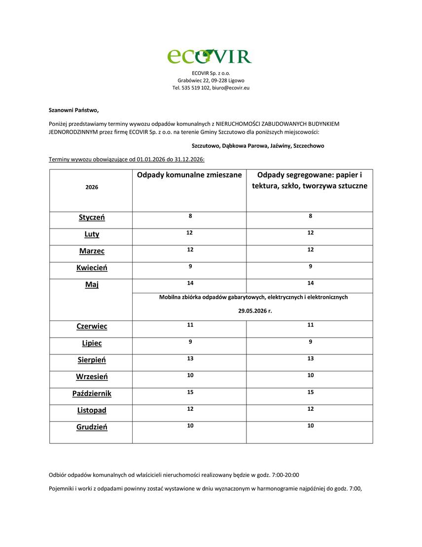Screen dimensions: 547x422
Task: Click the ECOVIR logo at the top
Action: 210,56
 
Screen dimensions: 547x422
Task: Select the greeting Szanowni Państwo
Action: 73,110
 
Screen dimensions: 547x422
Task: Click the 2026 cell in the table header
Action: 92,188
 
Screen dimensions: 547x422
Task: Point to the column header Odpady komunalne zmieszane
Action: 189,175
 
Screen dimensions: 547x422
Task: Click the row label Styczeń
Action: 92,218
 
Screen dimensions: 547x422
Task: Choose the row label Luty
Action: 92,234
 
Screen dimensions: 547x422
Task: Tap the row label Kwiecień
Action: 92,268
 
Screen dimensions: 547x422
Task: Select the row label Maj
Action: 92,285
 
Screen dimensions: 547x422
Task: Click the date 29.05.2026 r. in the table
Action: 255,311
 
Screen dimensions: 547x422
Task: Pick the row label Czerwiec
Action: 92,327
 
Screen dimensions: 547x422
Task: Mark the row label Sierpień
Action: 92,360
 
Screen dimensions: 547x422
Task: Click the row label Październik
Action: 92,394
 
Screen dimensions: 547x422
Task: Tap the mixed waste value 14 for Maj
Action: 190,283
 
